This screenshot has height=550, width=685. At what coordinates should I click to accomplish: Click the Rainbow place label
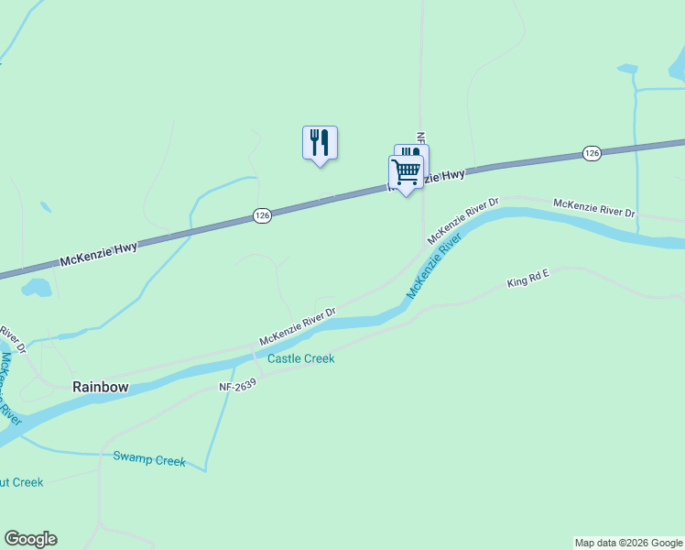[x=101, y=387]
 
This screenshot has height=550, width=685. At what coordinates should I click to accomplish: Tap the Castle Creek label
[x=300, y=358]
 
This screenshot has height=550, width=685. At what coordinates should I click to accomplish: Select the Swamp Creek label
[x=149, y=460]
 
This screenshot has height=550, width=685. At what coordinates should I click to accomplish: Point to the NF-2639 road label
[x=237, y=387]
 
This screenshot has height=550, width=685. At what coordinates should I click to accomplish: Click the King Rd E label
[x=527, y=279]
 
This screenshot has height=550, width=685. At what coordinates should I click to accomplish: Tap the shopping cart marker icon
[x=406, y=170]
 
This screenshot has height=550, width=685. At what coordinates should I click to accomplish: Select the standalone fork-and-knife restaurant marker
[x=320, y=142]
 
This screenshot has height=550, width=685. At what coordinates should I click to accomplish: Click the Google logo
[x=30, y=539]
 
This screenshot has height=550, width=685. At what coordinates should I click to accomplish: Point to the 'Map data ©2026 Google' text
[x=628, y=543]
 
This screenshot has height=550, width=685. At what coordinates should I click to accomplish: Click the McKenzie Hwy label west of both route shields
[x=98, y=254]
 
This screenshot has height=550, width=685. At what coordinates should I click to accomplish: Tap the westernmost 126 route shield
[x=262, y=215]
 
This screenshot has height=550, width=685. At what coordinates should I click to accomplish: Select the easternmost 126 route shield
[x=592, y=153]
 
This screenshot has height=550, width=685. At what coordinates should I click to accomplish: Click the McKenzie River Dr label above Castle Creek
[x=298, y=326]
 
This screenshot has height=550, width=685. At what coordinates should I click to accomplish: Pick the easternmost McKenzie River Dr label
[x=593, y=207]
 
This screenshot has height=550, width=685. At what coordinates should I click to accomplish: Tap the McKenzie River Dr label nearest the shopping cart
[x=462, y=221]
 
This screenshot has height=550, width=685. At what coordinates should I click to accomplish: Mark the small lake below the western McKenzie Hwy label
[x=38, y=289]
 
